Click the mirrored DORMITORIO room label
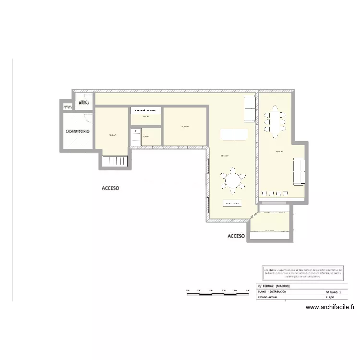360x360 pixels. click(x=78, y=132)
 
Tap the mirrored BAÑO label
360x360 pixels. click(x=83, y=102)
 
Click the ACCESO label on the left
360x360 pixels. click(x=110, y=189)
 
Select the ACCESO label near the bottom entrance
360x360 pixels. click(x=236, y=236)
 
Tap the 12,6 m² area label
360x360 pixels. click(x=112, y=135)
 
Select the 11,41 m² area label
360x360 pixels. click(x=185, y=127)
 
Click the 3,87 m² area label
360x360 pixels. click(x=145, y=117)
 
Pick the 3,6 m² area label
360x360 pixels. click(x=146, y=136)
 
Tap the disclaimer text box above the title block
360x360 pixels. click(x=302, y=273)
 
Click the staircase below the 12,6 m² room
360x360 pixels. click(x=115, y=162)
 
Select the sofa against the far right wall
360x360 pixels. click(x=297, y=172)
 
